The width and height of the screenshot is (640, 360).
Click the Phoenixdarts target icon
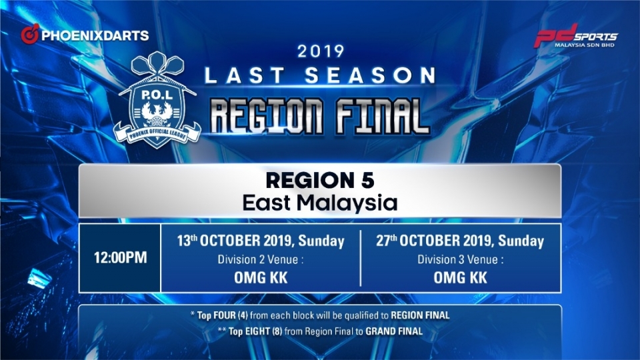point(30,34)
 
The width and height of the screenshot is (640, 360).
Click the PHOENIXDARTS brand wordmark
point(95,35)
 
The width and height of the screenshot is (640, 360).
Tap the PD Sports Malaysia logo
point(576,35)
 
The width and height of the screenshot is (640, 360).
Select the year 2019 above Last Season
point(321,51)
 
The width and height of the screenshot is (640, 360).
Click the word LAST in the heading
point(245,75)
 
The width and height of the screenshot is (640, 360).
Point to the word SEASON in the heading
point(370,75)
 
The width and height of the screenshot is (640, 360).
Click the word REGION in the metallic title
point(267,116)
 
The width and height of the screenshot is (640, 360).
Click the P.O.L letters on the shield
point(157,95)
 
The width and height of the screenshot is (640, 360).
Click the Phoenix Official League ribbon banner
point(157,133)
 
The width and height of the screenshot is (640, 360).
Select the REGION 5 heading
point(320,181)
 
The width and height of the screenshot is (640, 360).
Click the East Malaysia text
point(320,203)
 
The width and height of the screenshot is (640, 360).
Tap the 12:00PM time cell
point(120,257)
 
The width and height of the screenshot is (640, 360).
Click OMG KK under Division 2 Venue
point(261,278)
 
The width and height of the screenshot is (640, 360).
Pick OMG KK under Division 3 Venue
point(461,278)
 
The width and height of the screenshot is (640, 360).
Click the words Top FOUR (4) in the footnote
point(223,315)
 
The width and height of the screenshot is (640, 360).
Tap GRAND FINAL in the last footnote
point(394,331)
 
